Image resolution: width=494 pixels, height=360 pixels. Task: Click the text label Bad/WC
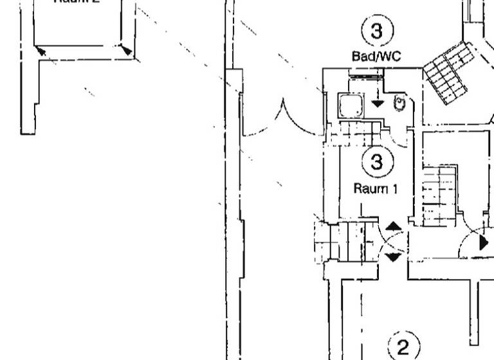tap(376, 57)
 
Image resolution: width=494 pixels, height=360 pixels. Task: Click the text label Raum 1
tap(376, 189)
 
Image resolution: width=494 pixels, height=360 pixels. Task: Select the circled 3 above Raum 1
tap(377, 163)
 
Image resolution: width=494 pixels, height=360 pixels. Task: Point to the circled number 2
tap(403, 347)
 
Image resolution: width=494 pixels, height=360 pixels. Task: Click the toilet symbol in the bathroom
tap(399, 102)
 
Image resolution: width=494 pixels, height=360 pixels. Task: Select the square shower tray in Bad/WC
tap(351, 105)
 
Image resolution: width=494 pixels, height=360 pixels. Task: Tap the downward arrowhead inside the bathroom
tap(378, 103)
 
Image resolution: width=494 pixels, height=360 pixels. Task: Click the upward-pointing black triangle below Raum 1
tap(393, 226)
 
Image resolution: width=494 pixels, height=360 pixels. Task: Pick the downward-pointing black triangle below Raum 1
tap(393, 257)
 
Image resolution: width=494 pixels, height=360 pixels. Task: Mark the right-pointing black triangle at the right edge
tap(484, 243)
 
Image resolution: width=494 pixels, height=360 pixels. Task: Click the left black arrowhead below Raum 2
tap(40, 50)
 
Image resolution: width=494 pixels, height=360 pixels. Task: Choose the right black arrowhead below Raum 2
tap(126, 50)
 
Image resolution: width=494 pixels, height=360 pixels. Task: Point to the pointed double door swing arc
tap(282, 119)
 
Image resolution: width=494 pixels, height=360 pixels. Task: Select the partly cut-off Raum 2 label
tap(76, 2)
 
